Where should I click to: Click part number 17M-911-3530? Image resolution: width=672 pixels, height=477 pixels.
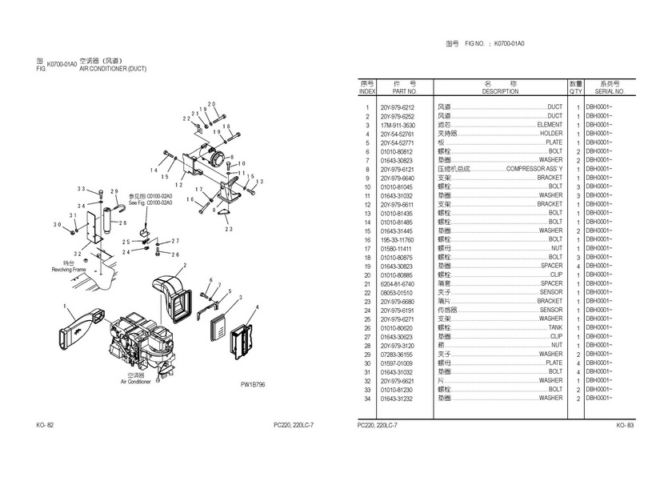click(x=398, y=126)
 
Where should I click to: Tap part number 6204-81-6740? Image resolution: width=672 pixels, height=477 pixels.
click(x=398, y=283)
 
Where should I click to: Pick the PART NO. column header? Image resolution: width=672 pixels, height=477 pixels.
click(x=398, y=92)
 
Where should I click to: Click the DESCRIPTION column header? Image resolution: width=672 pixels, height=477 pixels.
click(x=500, y=92)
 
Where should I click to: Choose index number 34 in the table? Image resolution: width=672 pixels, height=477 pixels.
click(x=367, y=398)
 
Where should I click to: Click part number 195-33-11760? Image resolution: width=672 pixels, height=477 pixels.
click(x=398, y=239)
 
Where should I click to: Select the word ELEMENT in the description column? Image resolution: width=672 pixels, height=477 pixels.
click(x=549, y=126)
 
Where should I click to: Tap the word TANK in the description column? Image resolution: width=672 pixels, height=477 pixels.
click(x=554, y=327)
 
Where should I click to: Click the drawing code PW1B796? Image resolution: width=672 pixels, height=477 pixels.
click(x=253, y=385)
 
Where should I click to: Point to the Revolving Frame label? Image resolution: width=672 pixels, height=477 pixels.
click(x=68, y=270)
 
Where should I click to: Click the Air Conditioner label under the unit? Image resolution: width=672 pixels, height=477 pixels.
click(x=135, y=382)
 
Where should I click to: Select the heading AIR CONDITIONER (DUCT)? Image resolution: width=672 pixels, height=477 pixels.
click(x=113, y=69)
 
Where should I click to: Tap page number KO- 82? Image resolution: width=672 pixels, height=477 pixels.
click(x=45, y=425)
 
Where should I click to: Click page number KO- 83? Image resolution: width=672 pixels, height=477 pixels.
click(x=625, y=425)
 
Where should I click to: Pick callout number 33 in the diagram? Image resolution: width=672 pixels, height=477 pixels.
click(x=81, y=189)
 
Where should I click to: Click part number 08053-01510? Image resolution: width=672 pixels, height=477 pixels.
click(x=398, y=292)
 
